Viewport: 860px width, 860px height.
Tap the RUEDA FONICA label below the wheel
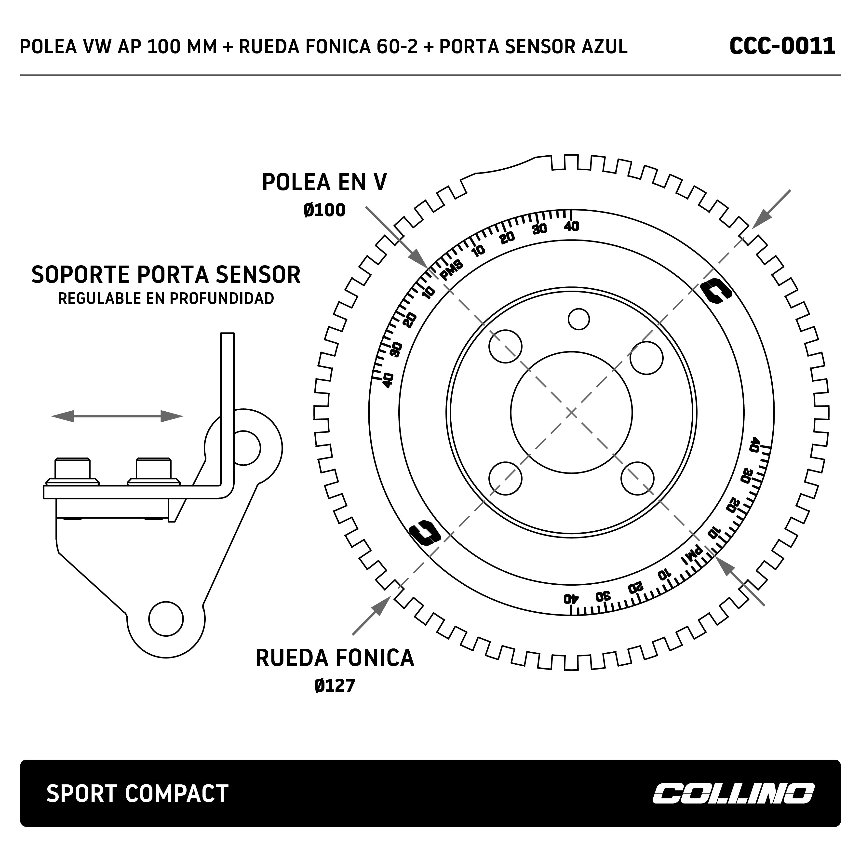pos(335,658)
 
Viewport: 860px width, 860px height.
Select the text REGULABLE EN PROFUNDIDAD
pos(166,298)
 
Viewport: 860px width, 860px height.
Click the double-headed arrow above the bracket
pos(117,416)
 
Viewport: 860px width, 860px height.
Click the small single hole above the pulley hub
pos(579,319)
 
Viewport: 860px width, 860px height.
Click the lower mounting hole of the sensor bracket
pos(166,619)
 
